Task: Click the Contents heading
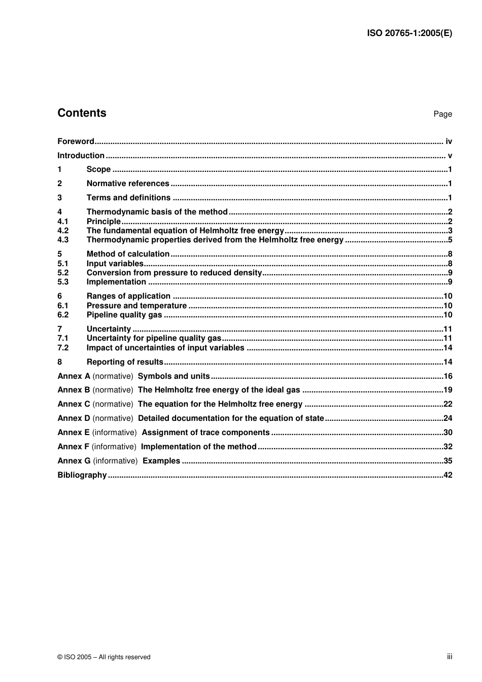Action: [82, 113]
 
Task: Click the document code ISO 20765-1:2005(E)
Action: [409, 33]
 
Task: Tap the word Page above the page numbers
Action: [442, 114]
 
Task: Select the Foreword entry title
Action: [76, 141]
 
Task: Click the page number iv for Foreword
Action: [449, 141]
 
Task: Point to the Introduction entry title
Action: [81, 156]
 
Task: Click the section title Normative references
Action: [128, 184]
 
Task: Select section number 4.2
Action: [63, 231]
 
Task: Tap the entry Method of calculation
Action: [128, 254]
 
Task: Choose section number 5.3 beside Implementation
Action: [63, 282]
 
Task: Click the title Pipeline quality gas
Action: [124, 315]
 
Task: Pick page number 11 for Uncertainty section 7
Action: [447, 329]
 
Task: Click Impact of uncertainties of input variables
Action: [165, 348]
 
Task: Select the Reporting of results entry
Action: [125, 362]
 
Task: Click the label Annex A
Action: [74, 376]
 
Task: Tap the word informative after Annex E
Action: [114, 433]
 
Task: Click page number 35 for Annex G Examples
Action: [447, 461]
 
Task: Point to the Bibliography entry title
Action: [82, 475]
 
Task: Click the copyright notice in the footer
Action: [104, 657]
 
